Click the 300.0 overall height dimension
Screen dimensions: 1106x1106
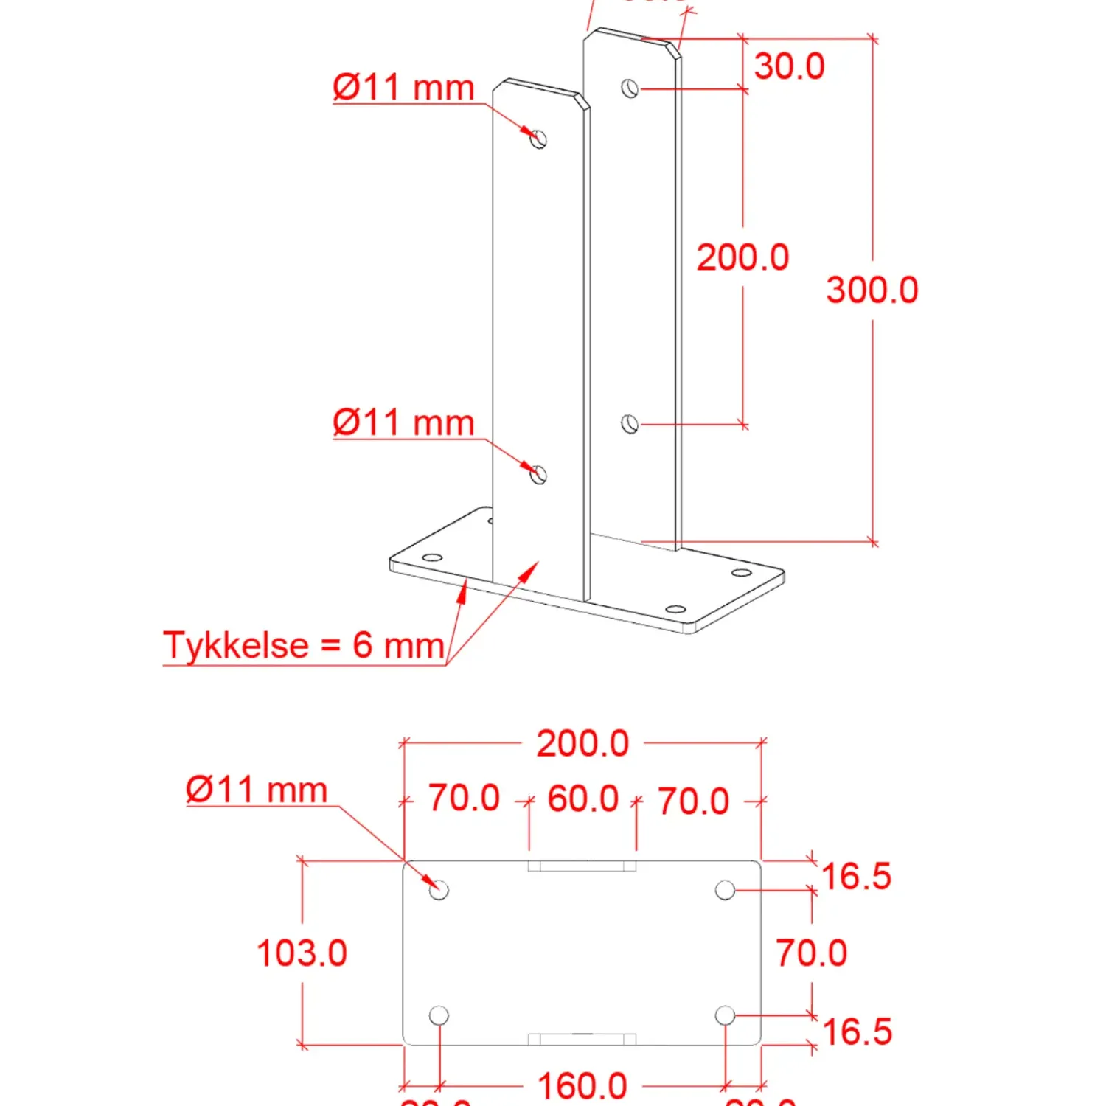(x=872, y=290)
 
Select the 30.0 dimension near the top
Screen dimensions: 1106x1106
(x=788, y=66)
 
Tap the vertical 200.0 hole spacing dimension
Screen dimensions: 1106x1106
(x=742, y=257)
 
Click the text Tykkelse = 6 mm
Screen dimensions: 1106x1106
(x=304, y=645)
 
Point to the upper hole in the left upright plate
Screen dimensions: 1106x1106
(x=539, y=139)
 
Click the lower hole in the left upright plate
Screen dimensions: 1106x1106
(x=539, y=475)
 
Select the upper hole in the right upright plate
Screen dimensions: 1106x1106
(x=630, y=88)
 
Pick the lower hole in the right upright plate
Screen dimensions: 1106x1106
(x=630, y=424)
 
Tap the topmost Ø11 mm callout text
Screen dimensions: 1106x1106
(x=403, y=88)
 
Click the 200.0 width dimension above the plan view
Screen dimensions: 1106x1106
(x=582, y=743)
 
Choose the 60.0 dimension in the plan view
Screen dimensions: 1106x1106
(x=582, y=799)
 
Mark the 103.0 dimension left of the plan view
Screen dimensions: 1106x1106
(x=302, y=953)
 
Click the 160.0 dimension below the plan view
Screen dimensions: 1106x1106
(x=582, y=1086)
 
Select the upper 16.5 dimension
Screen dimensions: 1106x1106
(x=856, y=877)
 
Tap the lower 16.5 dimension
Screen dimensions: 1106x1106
(x=856, y=1032)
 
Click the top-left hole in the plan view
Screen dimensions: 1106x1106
(x=439, y=890)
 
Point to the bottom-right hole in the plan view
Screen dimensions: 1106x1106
(x=725, y=1015)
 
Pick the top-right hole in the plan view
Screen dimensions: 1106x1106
(x=725, y=890)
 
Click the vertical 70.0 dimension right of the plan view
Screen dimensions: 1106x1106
(x=811, y=953)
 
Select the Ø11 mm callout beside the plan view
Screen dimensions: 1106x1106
(x=257, y=790)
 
